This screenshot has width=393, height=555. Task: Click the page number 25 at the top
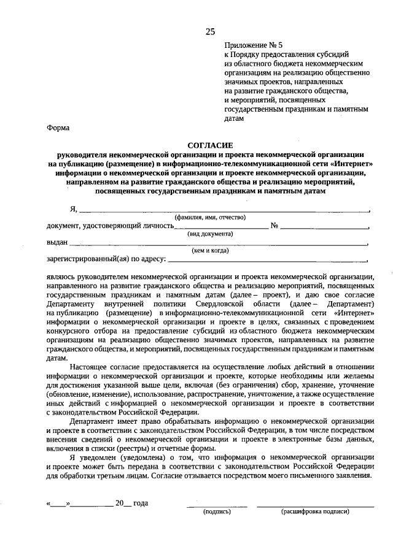click(x=211, y=32)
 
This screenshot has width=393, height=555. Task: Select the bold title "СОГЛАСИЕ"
click(x=210, y=145)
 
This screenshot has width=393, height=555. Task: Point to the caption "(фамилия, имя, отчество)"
click(x=210, y=217)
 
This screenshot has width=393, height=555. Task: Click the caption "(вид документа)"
click(x=210, y=234)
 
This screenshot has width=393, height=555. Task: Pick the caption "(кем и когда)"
click(x=210, y=250)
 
